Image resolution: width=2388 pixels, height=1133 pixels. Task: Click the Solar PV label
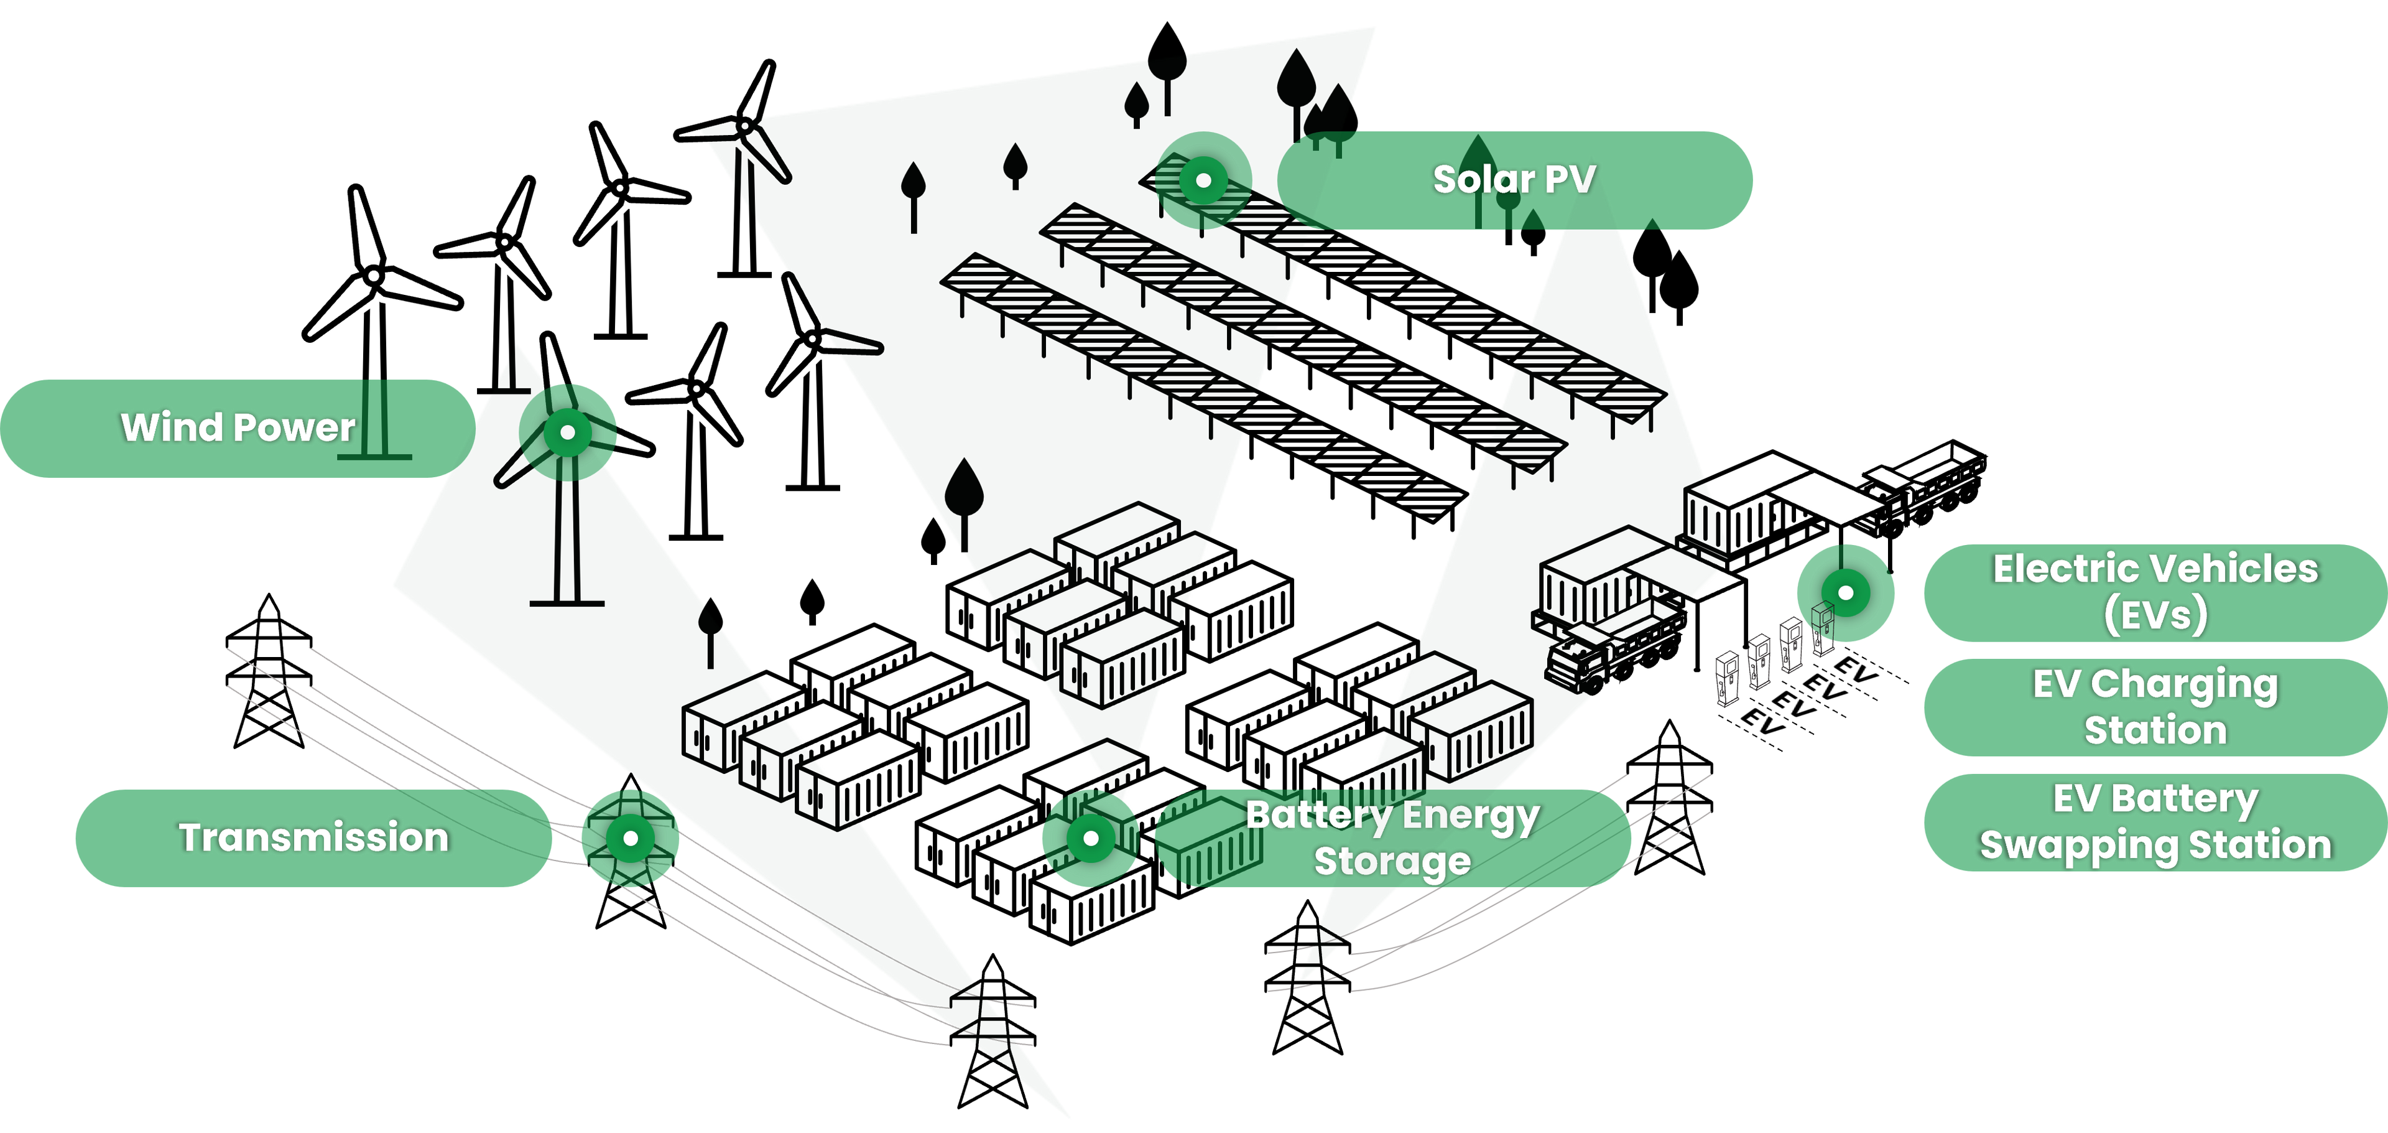[x=1514, y=180]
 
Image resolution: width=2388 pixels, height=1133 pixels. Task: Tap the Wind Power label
[x=238, y=428]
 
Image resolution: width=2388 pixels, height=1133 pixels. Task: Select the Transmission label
[x=313, y=838]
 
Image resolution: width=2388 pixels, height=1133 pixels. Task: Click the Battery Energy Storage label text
[x=1392, y=838]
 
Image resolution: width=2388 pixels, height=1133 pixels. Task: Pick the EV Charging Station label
[x=2155, y=707]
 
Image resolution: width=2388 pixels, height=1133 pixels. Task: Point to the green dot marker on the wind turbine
[x=567, y=432]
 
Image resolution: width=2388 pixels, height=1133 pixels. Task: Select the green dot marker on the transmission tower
[x=631, y=838]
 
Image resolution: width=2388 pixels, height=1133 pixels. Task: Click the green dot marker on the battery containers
[x=1091, y=838]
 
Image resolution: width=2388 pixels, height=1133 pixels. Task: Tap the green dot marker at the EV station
[x=1846, y=592]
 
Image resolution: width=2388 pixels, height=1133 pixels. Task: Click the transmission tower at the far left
[x=269, y=671]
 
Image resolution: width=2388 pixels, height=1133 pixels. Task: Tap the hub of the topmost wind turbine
[x=744, y=126]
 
